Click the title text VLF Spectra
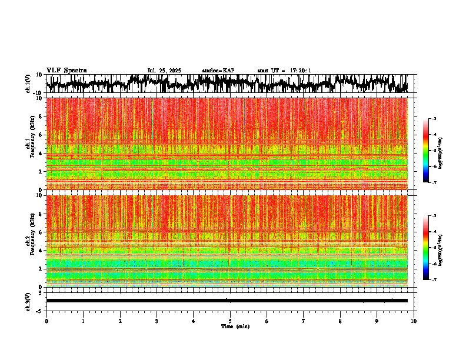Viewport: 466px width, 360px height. (66, 70)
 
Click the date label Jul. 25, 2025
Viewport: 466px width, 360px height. (164, 71)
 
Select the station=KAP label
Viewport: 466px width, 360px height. (218, 71)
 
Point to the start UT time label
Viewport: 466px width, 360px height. (284, 71)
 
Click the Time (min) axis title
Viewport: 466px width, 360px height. (235, 326)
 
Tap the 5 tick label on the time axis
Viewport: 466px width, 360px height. (230, 321)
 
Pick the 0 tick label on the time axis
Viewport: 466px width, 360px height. (46, 321)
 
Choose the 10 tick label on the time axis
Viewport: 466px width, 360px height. (414, 321)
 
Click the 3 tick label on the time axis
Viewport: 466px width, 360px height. (157, 321)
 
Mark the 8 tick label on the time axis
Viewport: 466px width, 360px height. (340, 321)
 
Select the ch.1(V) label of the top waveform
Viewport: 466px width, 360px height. (29, 84)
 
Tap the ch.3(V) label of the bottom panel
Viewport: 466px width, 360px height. (29, 301)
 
